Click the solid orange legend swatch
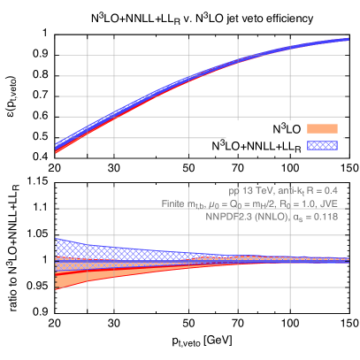click(x=322, y=128)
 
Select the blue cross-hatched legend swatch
click(x=322, y=144)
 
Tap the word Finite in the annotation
click(x=172, y=203)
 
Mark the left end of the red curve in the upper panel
click(x=56, y=152)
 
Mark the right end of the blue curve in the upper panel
click(x=348, y=39)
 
